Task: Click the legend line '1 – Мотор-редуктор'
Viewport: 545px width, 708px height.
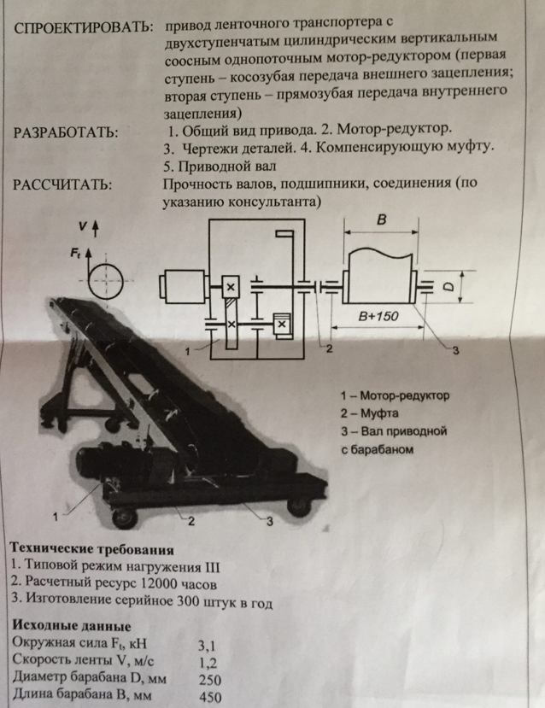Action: click(394, 396)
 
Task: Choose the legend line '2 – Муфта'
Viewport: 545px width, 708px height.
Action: click(372, 413)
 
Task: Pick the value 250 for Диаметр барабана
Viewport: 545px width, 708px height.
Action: click(208, 680)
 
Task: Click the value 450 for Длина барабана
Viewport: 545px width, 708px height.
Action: click(208, 697)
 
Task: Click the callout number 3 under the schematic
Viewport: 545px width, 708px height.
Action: click(454, 349)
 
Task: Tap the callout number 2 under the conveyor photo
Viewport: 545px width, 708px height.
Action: click(191, 520)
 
